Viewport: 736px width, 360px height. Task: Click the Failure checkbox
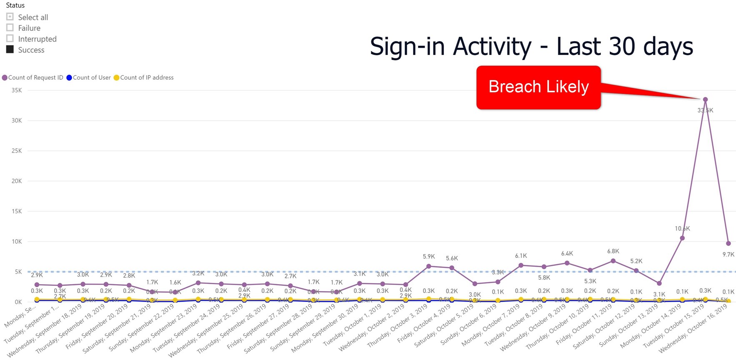coord(10,27)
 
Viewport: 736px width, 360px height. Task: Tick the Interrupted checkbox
coord(10,38)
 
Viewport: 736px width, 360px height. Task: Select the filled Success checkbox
coord(10,49)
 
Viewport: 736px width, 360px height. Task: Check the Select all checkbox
coord(10,17)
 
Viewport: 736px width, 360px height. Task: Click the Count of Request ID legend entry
coord(33,77)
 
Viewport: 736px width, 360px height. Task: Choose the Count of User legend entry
coord(89,77)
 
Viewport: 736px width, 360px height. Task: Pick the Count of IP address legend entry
coord(144,77)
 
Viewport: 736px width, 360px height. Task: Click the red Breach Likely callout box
coord(538,87)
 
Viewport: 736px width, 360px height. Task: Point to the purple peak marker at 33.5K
coord(705,100)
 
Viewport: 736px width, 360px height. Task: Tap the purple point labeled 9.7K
coord(728,243)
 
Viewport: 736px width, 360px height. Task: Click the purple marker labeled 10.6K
coord(682,238)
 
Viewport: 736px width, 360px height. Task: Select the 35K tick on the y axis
coord(17,90)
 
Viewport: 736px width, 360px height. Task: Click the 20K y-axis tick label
coord(17,181)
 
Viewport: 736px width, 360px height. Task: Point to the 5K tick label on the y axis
coord(18,272)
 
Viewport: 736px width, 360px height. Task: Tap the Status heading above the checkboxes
coord(15,5)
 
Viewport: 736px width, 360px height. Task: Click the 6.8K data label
coord(613,251)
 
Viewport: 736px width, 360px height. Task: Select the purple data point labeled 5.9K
coord(429,266)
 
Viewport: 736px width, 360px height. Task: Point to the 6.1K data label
coord(521,256)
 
